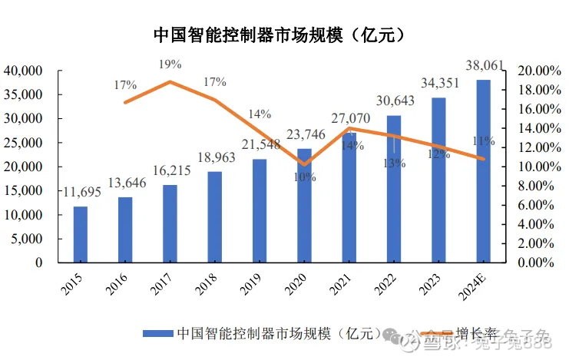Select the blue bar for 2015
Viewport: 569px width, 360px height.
(81, 234)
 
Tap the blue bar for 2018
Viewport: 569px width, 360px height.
(215, 216)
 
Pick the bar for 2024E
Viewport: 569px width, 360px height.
(483, 170)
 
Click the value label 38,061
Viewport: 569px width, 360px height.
(485, 66)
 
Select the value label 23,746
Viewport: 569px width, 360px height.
(305, 137)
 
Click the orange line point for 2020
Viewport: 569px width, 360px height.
(305, 164)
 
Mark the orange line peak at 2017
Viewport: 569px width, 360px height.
(170, 81)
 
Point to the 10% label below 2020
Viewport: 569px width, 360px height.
(305, 177)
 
